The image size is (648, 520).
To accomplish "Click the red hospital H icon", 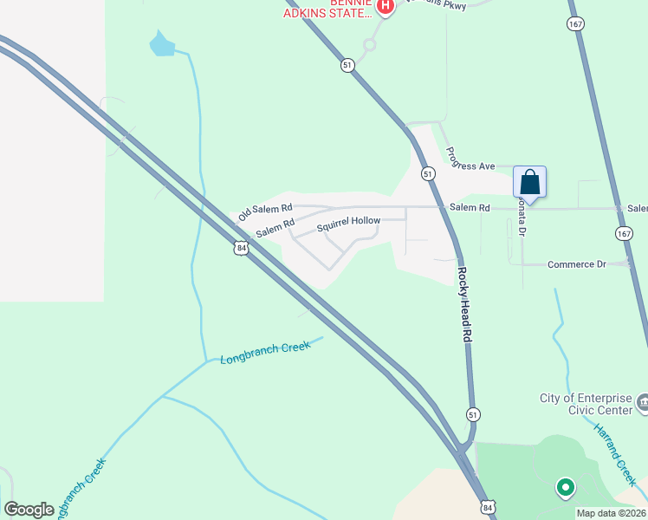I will (386, 8).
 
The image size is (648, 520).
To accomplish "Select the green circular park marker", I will (565, 488).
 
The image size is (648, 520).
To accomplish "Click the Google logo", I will (29, 510).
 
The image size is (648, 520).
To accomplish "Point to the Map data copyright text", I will (612, 512).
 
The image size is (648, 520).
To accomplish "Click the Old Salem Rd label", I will (265, 211).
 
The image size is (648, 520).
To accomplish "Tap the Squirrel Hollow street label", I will (348, 222).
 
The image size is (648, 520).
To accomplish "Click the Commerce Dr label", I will (576, 264).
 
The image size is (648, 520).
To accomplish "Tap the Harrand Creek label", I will (614, 453).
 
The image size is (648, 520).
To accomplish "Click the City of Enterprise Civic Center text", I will (586, 404).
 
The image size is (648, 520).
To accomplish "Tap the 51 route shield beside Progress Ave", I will (428, 174).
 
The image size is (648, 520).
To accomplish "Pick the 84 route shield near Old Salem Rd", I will (241, 248).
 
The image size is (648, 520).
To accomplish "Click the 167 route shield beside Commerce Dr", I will (625, 234).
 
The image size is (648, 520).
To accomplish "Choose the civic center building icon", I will (642, 402).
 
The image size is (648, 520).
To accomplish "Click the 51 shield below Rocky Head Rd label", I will (473, 414).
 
